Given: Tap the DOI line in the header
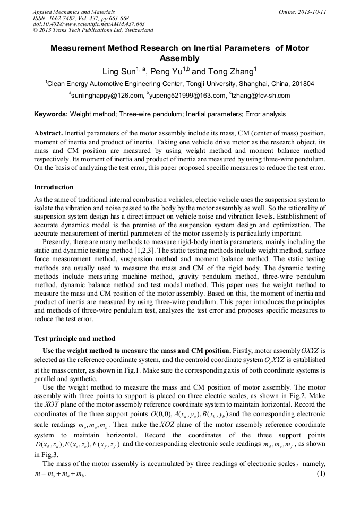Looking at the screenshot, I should click(89, 24).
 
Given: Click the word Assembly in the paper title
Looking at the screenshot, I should click(179, 58).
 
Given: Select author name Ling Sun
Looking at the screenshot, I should click(117, 71).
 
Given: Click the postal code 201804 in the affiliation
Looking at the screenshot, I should click(302, 84).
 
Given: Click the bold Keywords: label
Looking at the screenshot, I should click(51, 114).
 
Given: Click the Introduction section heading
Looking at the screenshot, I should click(54, 187).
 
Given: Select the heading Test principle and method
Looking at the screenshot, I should click(74, 339).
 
